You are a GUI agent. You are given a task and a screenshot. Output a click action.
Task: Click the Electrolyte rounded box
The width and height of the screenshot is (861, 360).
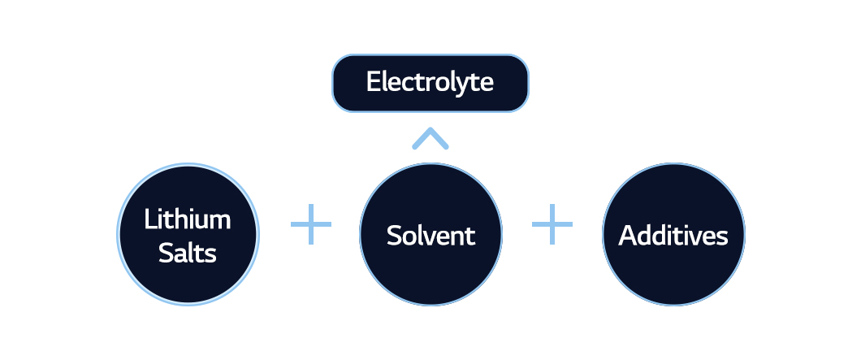click(430, 83)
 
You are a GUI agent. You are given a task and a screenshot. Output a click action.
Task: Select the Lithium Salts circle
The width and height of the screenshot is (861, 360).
click(188, 234)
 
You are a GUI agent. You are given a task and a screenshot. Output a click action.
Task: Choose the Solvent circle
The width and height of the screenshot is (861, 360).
click(430, 234)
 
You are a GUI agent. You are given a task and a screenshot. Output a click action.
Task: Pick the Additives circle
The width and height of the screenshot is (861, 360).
click(673, 234)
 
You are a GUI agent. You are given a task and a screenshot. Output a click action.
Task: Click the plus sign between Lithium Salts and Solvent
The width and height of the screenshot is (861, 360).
click(311, 224)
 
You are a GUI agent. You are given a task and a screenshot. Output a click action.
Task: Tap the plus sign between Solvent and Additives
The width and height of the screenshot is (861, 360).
click(552, 224)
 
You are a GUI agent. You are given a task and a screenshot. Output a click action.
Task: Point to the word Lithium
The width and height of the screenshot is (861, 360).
click(188, 219)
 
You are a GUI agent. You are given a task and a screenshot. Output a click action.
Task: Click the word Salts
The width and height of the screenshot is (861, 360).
click(188, 253)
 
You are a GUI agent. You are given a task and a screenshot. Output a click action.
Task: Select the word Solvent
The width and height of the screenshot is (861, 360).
click(430, 235)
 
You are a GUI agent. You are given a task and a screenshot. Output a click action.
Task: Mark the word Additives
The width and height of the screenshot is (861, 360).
click(673, 235)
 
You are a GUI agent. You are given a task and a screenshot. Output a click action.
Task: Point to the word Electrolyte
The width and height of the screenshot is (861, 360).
click(430, 82)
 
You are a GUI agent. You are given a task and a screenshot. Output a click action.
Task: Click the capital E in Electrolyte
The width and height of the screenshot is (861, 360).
click(374, 82)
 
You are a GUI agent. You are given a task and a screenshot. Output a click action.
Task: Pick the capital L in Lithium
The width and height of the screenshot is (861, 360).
click(150, 220)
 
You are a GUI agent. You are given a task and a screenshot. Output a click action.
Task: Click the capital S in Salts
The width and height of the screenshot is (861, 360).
click(166, 254)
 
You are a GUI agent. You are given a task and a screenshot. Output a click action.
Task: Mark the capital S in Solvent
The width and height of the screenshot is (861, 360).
click(395, 236)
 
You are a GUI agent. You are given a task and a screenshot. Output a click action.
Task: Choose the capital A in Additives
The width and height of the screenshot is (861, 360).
click(629, 236)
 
